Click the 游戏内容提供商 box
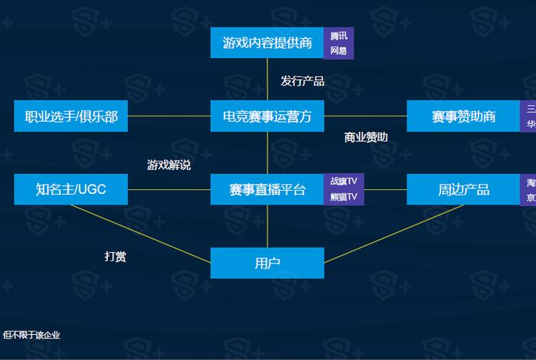point(267,43)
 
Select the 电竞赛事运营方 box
point(267,116)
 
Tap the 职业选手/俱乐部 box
point(71,116)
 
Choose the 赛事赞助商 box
point(463,116)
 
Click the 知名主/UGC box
point(71,189)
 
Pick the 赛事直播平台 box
point(267,189)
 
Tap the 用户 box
point(267,263)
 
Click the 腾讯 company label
point(338,36)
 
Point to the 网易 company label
point(338,51)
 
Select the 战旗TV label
point(344,182)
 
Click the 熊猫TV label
point(344,197)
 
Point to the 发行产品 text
point(302,80)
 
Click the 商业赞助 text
point(366,137)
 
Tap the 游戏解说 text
point(168,165)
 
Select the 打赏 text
point(115,257)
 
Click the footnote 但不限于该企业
point(31,335)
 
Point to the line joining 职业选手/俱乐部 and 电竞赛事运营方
point(169,116)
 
